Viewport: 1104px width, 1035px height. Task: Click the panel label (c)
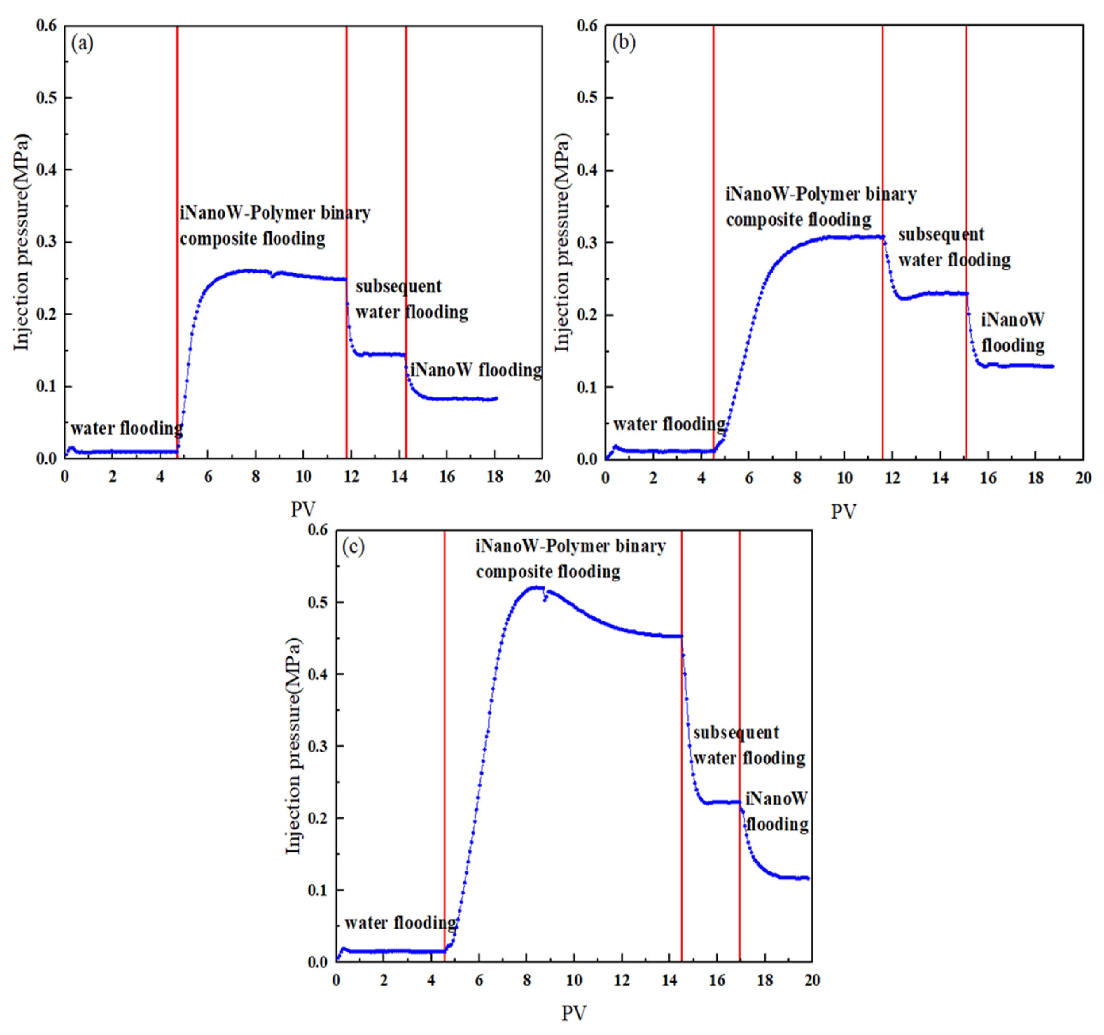tap(353, 547)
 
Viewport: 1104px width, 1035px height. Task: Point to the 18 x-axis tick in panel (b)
tap(1036, 478)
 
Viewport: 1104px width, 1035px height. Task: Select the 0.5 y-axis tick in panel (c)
tap(318, 602)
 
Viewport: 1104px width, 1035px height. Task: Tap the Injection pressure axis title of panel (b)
tap(562, 243)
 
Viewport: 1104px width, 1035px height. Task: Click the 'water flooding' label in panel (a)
tap(126, 428)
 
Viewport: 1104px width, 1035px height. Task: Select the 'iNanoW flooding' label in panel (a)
tap(476, 370)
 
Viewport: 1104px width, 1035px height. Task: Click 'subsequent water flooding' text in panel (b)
tap(954, 247)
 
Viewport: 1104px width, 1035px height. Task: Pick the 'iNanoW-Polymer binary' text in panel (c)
tap(570, 547)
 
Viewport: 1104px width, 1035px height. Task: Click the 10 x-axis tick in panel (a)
tap(303, 477)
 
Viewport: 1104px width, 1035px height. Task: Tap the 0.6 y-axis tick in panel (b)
tap(587, 26)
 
